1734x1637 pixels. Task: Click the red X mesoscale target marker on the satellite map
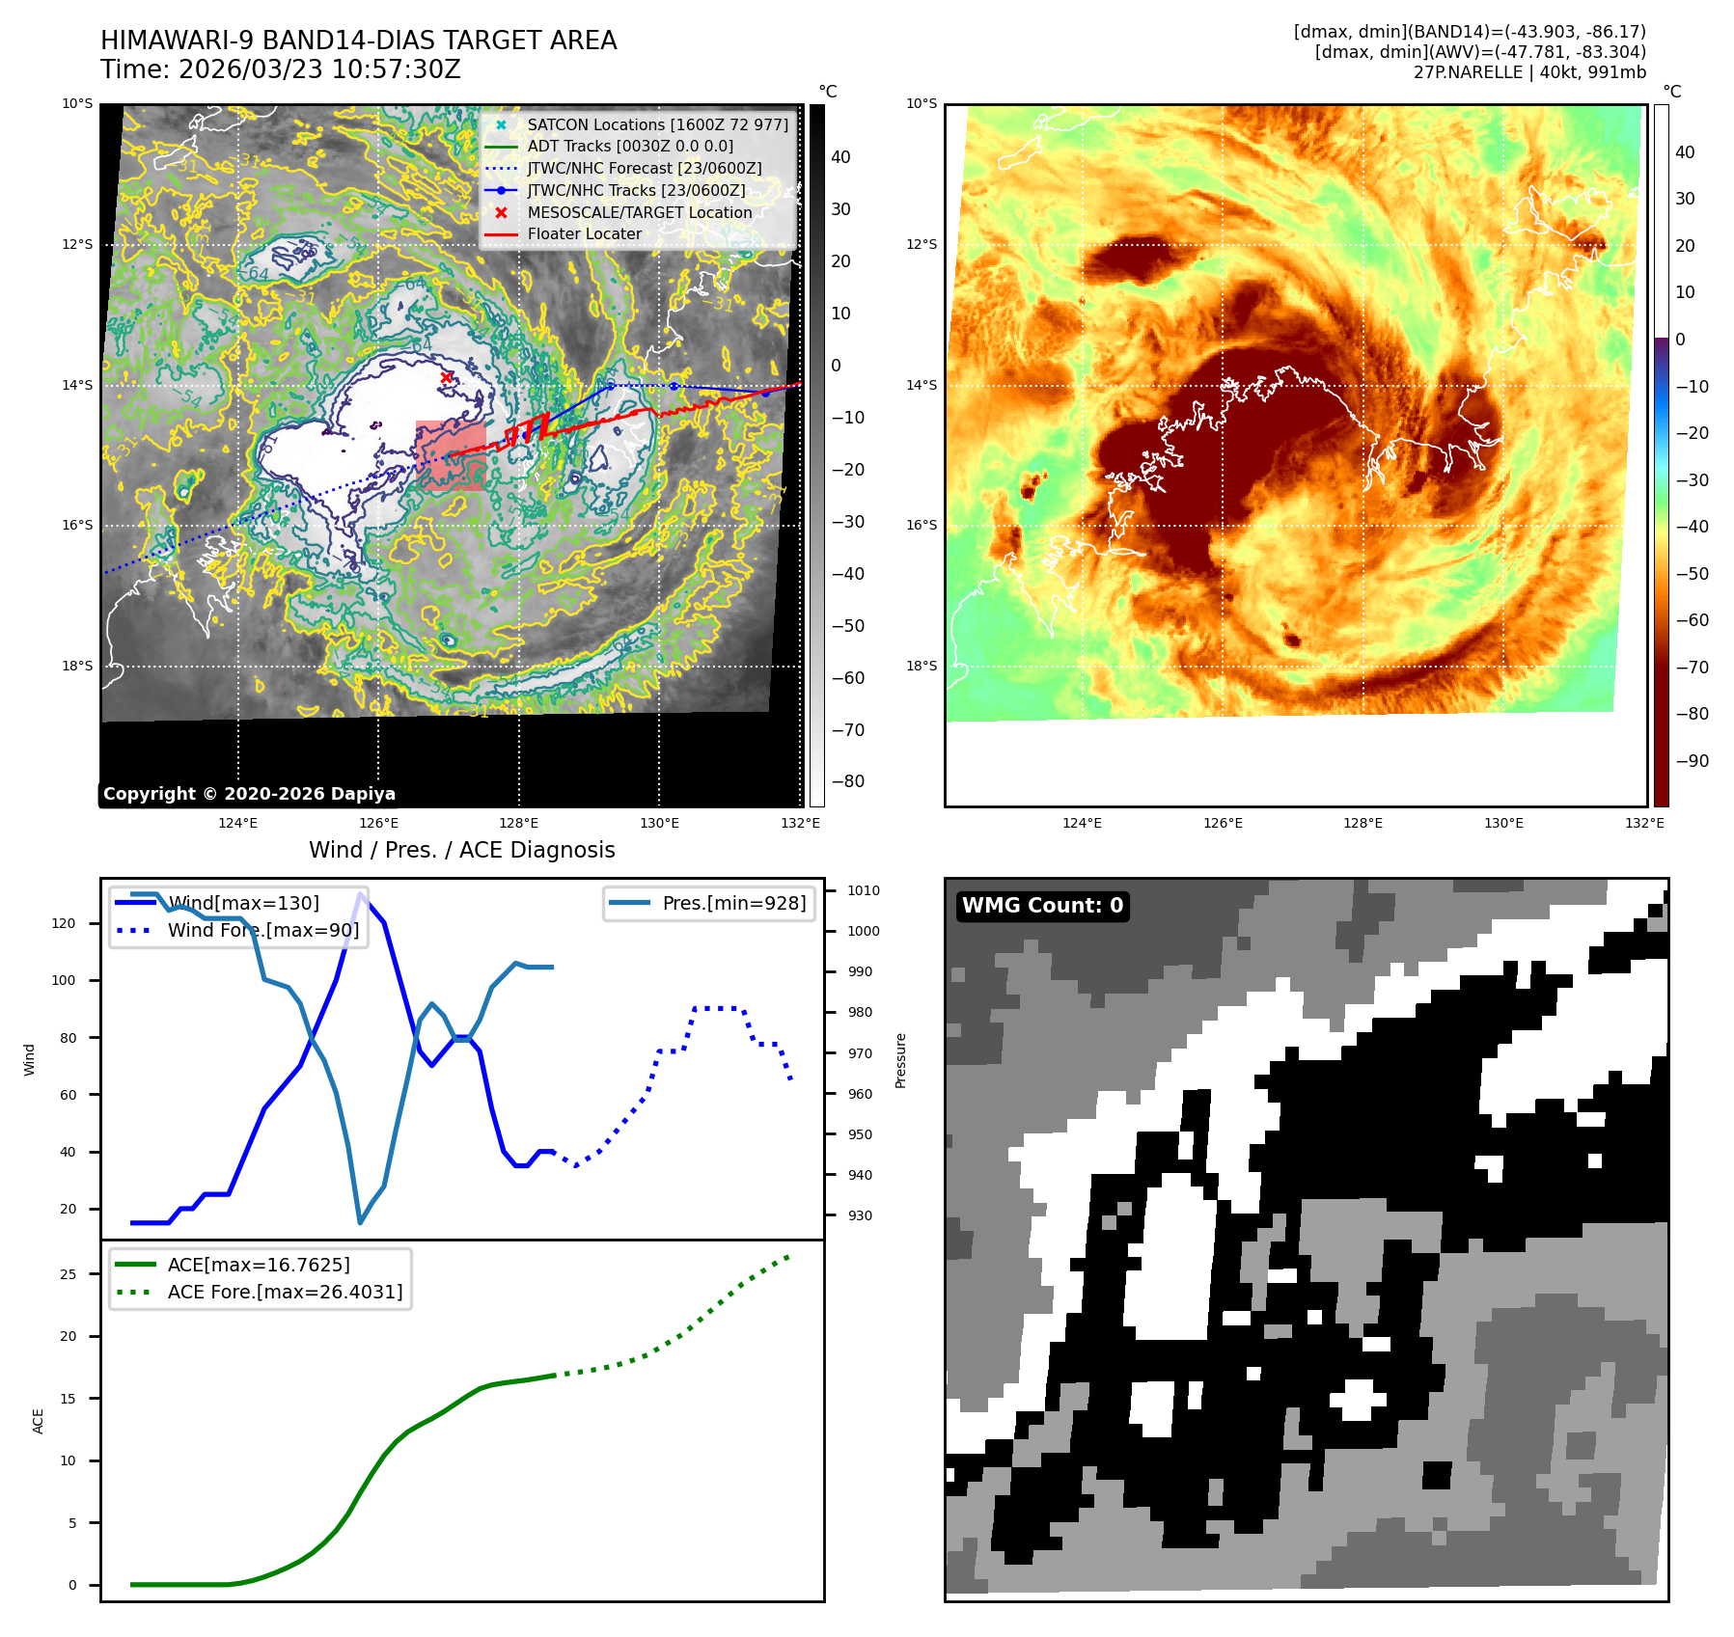click(x=446, y=377)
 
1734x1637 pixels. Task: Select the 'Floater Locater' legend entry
click(x=584, y=234)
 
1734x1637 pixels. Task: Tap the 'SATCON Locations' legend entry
click(x=657, y=124)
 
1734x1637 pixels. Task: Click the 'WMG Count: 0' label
click(x=1042, y=906)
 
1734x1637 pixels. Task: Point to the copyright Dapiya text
click(x=249, y=794)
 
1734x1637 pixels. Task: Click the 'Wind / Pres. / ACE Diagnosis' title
click(x=461, y=850)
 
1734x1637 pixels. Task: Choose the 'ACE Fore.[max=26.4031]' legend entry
click(x=285, y=1292)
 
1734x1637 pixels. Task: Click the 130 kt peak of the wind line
click(x=361, y=894)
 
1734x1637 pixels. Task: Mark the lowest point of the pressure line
click(x=361, y=1223)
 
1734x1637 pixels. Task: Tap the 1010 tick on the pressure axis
click(x=864, y=890)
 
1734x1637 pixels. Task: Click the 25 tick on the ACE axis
click(x=69, y=1274)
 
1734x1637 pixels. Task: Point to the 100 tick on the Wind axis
click(x=64, y=980)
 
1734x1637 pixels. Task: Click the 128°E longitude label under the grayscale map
click(x=519, y=823)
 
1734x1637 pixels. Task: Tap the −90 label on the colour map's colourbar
click(x=1692, y=761)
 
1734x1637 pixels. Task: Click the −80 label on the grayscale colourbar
click(x=848, y=781)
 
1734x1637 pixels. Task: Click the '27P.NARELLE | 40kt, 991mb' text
click(x=1529, y=72)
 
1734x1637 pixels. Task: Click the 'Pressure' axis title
click(x=901, y=1061)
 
